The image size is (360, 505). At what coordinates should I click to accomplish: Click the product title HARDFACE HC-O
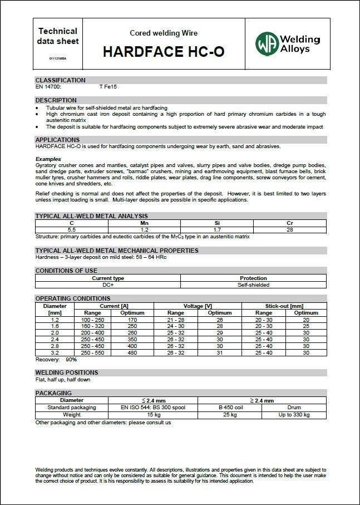[164, 52]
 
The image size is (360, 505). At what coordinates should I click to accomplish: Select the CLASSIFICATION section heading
[61, 80]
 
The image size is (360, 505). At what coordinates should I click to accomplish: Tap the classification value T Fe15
[108, 87]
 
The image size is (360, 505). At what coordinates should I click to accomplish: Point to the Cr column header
[290, 223]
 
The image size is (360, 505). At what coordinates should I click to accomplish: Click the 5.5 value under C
[71, 229]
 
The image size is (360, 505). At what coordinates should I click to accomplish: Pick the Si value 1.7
[217, 229]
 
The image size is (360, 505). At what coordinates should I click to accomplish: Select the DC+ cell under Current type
[108, 285]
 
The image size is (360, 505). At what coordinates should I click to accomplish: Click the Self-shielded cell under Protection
[253, 285]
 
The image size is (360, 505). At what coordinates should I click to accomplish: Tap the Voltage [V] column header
[198, 306]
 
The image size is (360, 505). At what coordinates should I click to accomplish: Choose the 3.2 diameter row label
[55, 352]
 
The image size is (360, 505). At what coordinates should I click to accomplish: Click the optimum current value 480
[132, 352]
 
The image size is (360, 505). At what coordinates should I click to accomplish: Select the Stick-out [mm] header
[284, 306]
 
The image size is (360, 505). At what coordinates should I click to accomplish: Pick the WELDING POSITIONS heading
[67, 372]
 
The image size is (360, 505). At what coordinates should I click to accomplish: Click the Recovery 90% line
[56, 360]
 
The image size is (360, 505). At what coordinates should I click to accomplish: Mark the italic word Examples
[48, 159]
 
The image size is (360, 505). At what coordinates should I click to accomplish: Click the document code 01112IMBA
[58, 58]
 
